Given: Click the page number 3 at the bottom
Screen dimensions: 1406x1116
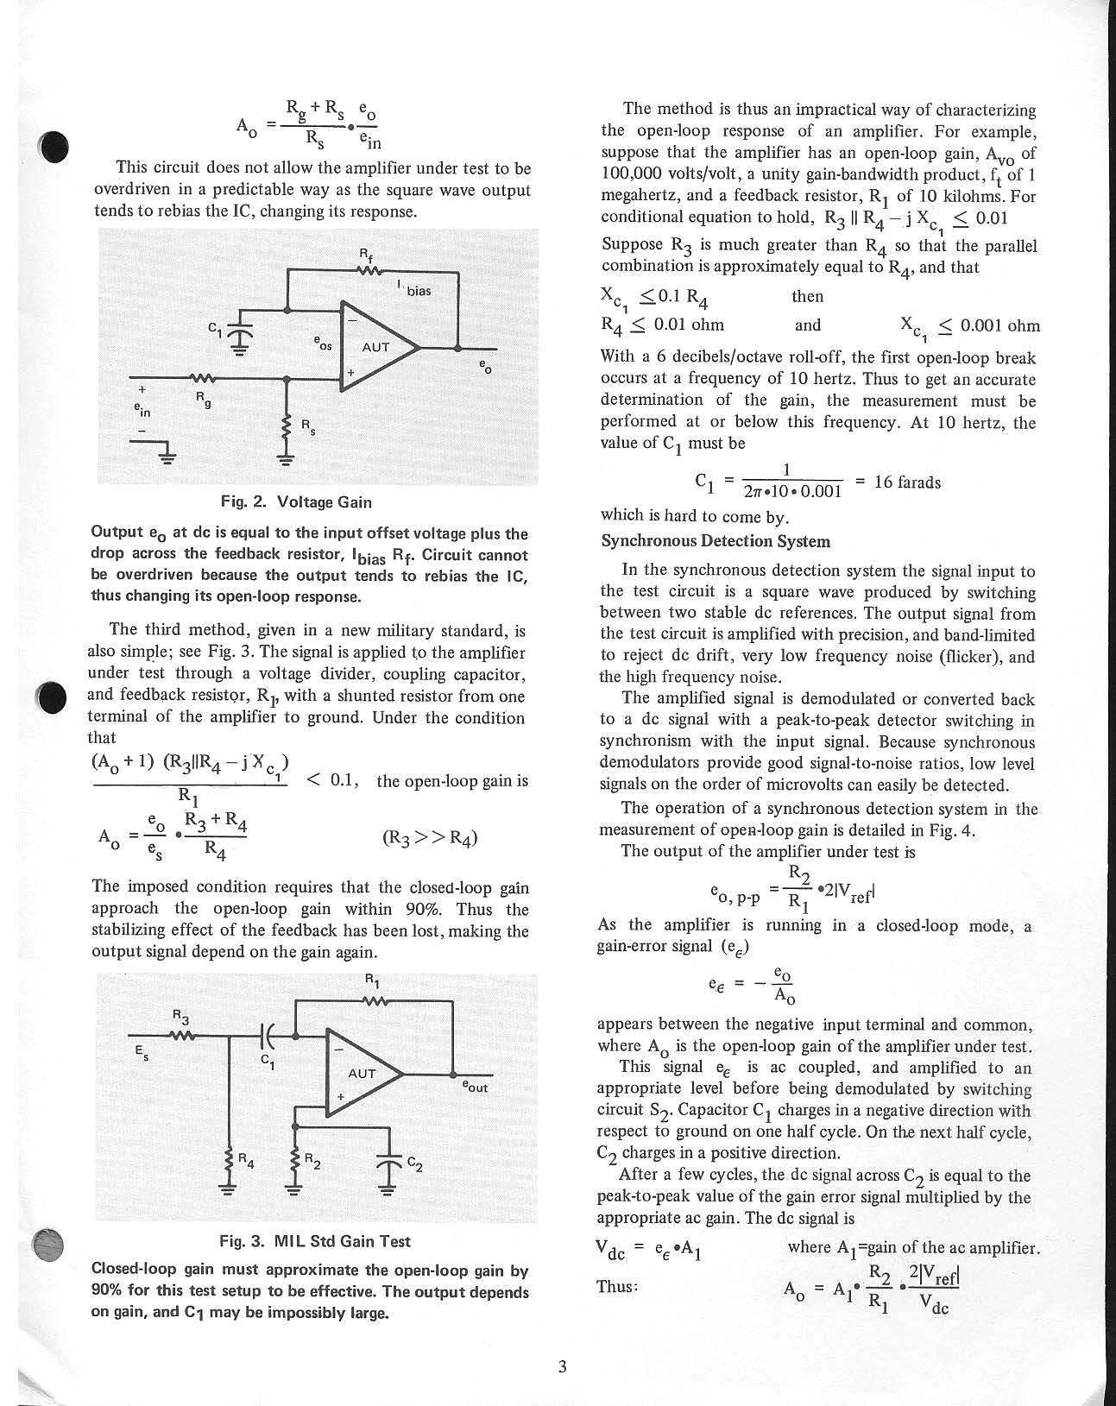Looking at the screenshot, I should (562, 1366).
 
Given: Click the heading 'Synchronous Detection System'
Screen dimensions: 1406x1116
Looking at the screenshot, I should (716, 541).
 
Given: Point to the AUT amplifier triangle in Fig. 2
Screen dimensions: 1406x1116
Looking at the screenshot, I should (377, 348).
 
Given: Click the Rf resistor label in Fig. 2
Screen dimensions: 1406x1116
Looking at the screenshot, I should (364, 255).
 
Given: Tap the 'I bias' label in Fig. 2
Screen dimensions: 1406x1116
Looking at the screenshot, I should (413, 289).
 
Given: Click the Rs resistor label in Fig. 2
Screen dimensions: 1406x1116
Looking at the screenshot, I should (307, 426).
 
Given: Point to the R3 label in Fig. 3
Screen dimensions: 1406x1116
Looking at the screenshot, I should (180, 1016).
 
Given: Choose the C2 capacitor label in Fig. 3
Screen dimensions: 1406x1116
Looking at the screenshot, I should (414, 1163).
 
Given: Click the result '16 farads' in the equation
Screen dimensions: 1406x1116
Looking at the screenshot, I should (906, 482).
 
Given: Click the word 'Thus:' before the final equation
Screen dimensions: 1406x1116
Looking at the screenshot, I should (617, 1286).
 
